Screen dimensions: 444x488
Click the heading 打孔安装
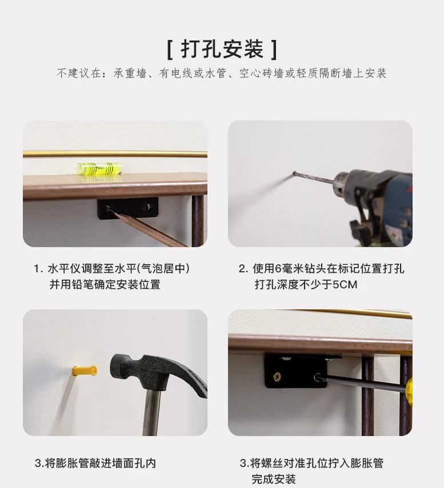tap(222, 49)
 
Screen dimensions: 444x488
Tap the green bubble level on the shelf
tap(99, 168)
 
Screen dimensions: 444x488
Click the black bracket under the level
tap(128, 208)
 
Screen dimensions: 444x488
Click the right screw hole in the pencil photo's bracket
tap(148, 207)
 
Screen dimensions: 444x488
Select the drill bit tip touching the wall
tap(294, 173)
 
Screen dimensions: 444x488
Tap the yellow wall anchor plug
tap(85, 370)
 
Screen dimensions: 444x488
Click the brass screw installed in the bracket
tap(277, 377)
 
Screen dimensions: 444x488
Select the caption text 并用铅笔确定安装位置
tap(105, 284)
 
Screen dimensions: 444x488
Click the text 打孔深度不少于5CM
tap(306, 284)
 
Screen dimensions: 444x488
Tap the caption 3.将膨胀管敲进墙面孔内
tap(95, 463)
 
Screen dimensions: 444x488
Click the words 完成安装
tap(274, 479)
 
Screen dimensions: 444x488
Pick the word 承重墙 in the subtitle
tap(130, 74)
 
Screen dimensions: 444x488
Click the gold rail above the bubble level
tap(115, 154)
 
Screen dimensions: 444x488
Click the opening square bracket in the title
tap(170, 50)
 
